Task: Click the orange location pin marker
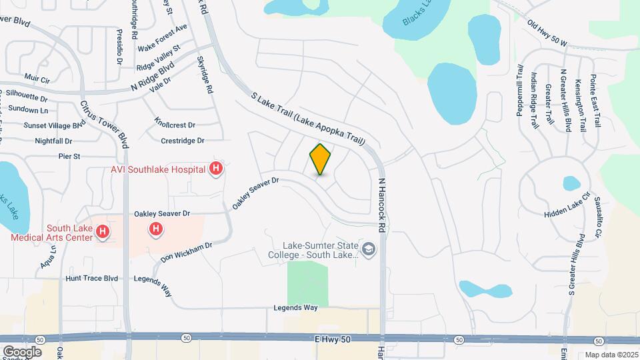click(321, 159)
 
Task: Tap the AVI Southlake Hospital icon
click(215, 169)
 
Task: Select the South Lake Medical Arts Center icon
click(103, 231)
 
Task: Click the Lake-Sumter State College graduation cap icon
click(371, 250)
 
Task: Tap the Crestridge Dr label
click(182, 141)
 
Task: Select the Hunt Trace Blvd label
click(91, 278)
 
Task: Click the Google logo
click(22, 351)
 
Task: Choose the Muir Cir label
click(37, 79)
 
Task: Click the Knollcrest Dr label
click(174, 124)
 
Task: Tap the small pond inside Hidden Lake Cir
click(571, 183)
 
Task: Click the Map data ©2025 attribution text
click(610, 355)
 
